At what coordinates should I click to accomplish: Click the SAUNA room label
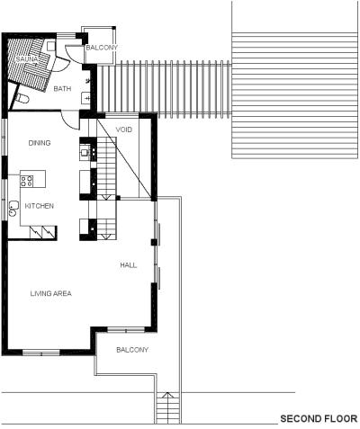[27, 59]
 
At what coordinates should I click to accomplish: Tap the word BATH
[62, 89]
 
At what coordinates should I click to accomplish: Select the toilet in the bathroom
[22, 99]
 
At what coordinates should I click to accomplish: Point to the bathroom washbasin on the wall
[86, 98]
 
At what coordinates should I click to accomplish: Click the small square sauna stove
[51, 46]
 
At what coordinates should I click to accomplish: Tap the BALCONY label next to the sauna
[102, 48]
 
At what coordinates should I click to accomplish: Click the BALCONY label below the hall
[132, 350]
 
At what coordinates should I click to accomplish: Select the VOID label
[124, 130]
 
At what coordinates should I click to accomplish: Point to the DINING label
[40, 143]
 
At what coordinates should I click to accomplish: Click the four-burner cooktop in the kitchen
[26, 181]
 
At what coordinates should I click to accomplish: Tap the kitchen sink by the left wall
[13, 209]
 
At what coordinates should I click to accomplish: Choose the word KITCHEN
[40, 206]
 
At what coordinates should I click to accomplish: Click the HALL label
[129, 265]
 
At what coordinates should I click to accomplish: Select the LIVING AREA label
[51, 293]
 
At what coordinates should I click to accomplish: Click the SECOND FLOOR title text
[319, 418]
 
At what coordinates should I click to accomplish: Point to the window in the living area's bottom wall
[41, 353]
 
